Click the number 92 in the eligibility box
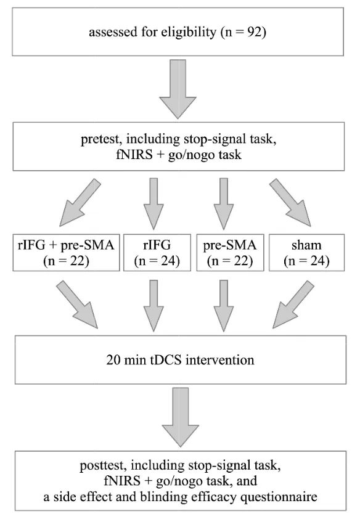(255, 32)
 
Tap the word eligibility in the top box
(189, 33)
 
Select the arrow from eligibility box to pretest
(178, 89)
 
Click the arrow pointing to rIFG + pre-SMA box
(80, 203)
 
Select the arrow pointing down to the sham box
(290, 203)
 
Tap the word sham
(306, 245)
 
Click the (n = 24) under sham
(306, 261)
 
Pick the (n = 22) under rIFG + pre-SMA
(66, 261)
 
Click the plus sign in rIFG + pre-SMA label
(52, 245)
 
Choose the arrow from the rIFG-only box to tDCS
(153, 306)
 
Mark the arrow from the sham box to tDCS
(293, 305)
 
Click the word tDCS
(166, 360)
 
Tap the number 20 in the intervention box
(113, 360)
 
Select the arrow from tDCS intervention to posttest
(181, 417)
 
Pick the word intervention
(219, 360)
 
